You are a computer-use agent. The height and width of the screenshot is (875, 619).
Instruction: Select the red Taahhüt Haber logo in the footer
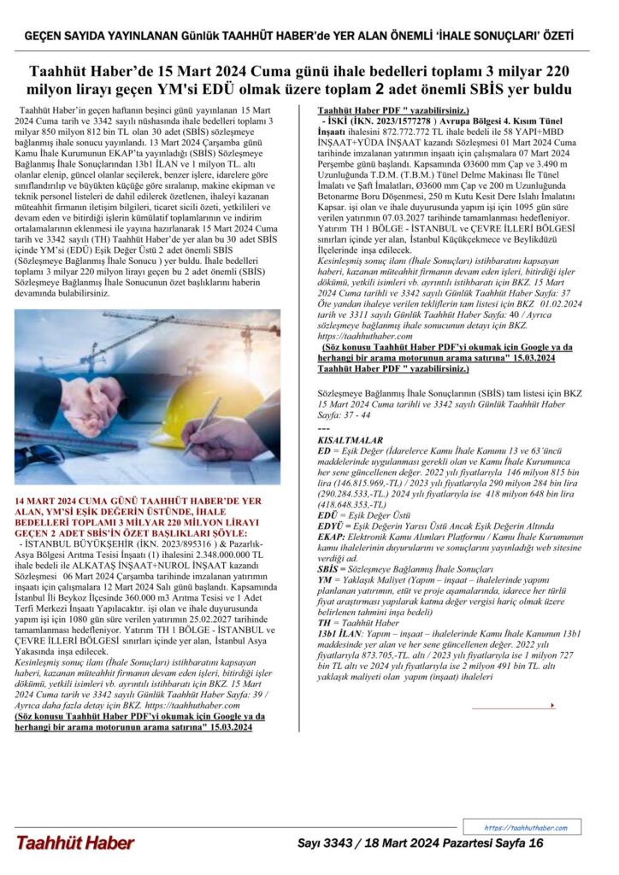pos(74,843)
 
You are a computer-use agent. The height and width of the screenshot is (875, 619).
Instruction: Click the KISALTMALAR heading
pos(345,437)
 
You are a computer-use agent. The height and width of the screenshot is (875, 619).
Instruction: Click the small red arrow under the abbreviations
pos(553,705)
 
